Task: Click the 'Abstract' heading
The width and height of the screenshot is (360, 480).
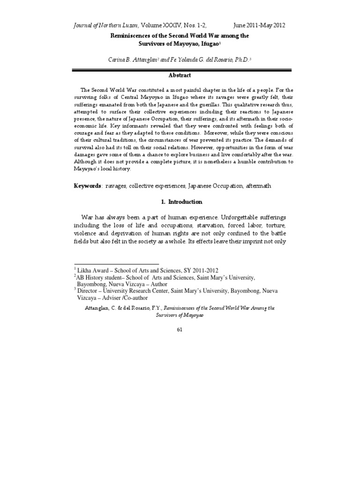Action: [x=180, y=75]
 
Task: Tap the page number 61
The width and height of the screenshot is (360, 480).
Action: [x=180, y=330]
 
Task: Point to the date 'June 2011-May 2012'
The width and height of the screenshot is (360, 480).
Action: [x=259, y=25]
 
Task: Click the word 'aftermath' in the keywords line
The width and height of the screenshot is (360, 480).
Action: [x=257, y=186]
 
